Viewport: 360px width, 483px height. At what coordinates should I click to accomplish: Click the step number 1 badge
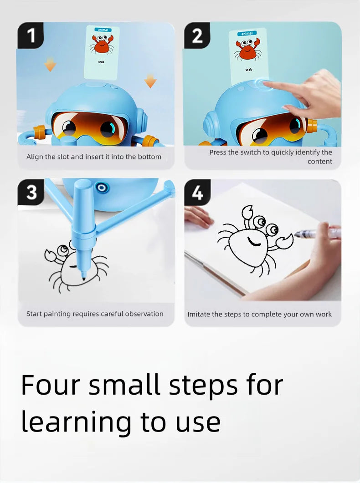coord(31,36)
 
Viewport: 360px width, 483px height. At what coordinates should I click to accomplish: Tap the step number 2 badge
coord(197,36)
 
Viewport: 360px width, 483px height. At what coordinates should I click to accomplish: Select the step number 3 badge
coord(31,192)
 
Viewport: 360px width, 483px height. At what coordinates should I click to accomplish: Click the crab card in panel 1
coord(102,50)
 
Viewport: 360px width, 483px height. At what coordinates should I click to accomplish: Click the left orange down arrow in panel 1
coord(50,65)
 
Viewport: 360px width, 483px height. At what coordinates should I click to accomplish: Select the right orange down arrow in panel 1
coord(150,81)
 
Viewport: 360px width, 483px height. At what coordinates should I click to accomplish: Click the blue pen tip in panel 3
coord(83,275)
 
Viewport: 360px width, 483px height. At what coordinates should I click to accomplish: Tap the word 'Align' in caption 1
coord(35,157)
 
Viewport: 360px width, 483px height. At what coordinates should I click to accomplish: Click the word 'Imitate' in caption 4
coord(200,314)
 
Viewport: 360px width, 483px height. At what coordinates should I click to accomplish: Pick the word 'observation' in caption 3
coord(144,314)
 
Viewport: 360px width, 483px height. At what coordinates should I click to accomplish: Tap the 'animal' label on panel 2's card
coord(247,33)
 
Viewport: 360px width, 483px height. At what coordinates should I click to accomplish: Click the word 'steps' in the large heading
coord(203,386)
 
